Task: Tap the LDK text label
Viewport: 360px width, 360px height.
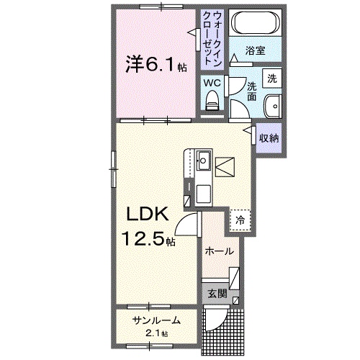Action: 148,215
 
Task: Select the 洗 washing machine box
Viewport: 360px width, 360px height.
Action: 272,77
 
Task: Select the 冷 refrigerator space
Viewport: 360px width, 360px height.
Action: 240,220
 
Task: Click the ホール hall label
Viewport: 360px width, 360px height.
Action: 218,251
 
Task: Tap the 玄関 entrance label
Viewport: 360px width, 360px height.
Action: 217,294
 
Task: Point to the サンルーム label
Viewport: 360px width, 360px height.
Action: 155,320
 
